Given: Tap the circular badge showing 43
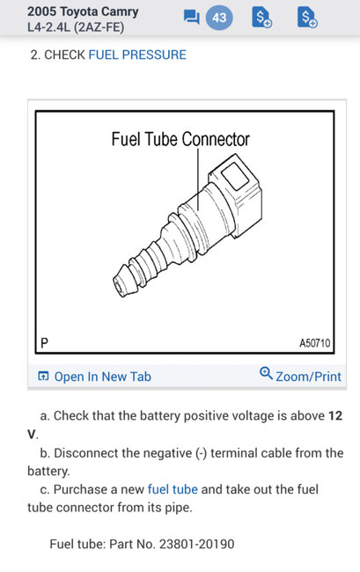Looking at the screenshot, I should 219,18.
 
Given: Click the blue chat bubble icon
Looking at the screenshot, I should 190,18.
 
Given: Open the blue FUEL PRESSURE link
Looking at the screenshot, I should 137,55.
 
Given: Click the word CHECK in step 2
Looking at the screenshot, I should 65,55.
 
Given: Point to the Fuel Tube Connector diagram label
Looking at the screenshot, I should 180,140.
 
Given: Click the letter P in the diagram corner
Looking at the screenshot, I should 43,341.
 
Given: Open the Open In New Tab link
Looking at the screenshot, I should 102,377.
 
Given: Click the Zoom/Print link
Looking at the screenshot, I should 308,377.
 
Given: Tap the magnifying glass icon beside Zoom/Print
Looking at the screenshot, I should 266,374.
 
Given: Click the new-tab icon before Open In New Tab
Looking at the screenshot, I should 43,377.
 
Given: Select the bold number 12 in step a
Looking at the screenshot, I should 335,415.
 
